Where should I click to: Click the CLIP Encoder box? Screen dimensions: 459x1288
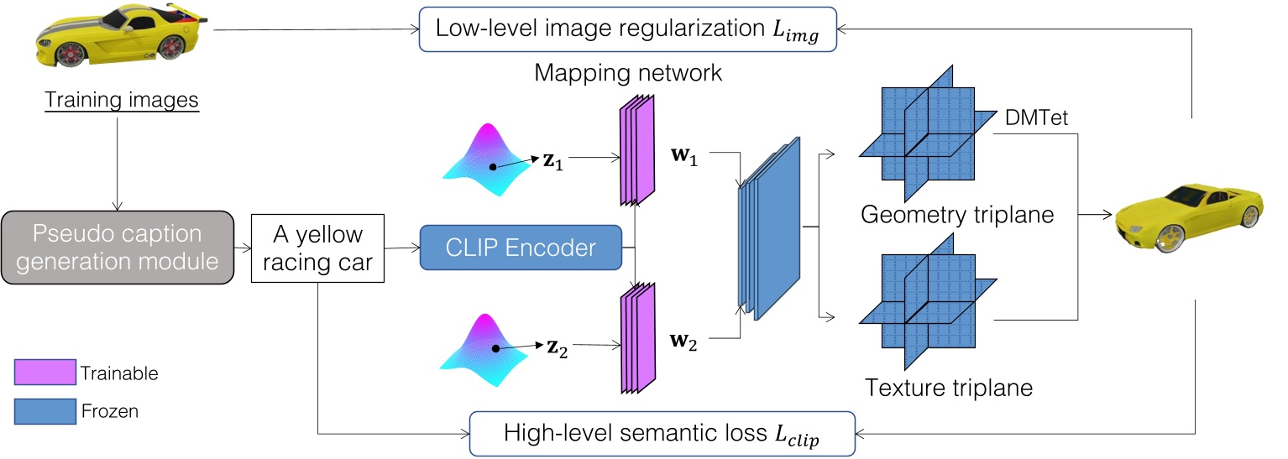(x=520, y=248)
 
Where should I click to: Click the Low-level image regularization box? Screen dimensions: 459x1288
(x=626, y=29)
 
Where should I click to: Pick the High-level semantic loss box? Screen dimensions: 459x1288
(x=661, y=434)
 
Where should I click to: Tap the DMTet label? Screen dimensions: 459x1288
(x=1036, y=119)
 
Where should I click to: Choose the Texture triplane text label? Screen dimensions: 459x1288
(x=948, y=389)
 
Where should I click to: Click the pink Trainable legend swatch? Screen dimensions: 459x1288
(x=45, y=373)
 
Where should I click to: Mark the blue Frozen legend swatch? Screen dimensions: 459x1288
(x=45, y=412)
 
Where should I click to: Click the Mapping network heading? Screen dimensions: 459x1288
(x=628, y=73)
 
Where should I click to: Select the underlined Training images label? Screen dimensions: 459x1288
(x=121, y=101)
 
